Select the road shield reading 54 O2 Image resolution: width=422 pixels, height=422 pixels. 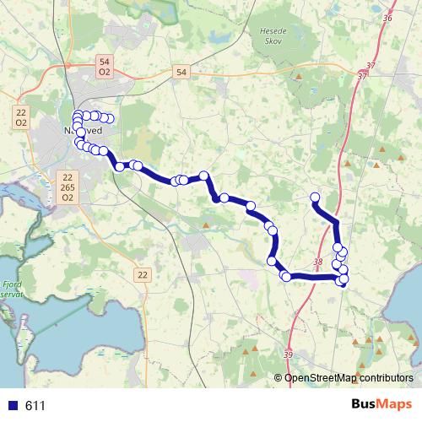click(x=105, y=68)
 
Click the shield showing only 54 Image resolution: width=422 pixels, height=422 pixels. click(x=183, y=73)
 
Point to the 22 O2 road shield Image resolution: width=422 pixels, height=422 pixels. click(x=23, y=116)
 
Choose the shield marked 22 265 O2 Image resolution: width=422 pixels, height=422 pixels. click(x=68, y=187)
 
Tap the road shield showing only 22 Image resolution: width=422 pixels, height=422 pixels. click(x=142, y=275)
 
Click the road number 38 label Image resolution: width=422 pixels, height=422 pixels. click(x=317, y=262)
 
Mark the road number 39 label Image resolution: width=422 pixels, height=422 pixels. click(x=289, y=355)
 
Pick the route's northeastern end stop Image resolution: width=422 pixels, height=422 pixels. click(x=316, y=198)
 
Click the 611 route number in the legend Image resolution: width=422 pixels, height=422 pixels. click(x=35, y=406)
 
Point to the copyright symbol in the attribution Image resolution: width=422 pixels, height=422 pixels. click(x=279, y=378)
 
